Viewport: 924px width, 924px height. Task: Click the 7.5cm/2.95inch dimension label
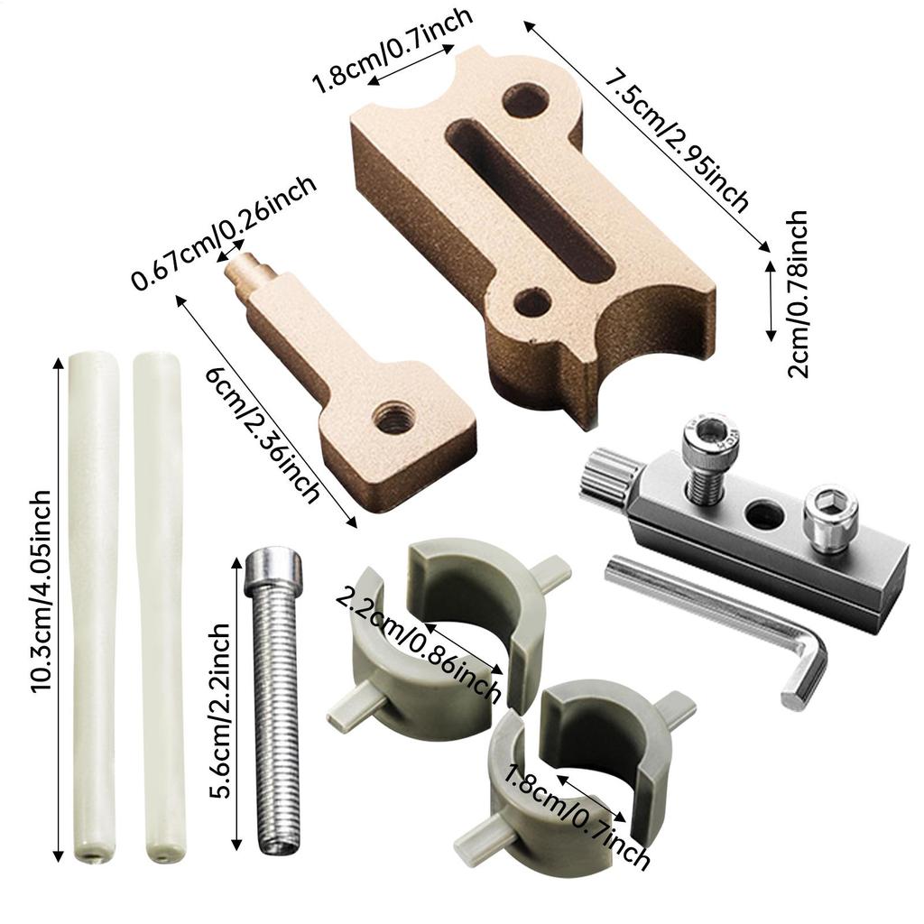[678, 140]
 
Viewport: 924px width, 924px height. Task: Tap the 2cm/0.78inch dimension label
[798, 293]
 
